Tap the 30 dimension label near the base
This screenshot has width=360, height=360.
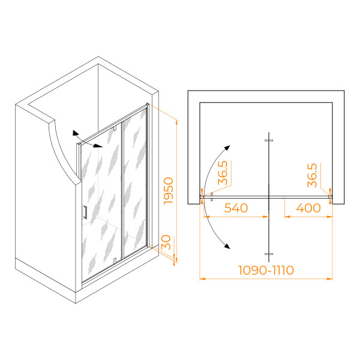point(166,242)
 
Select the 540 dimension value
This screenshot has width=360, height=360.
point(236,208)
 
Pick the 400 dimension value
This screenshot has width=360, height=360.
point(308,208)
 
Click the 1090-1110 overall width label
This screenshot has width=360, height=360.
point(266,270)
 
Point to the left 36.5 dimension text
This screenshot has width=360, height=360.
point(223,173)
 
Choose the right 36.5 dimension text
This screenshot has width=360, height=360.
point(312,175)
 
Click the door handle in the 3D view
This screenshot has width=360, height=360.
point(85,212)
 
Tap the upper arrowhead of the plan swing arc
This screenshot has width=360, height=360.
point(227,148)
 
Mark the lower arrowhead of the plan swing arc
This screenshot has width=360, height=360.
point(227,246)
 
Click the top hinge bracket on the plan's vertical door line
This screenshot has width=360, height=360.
point(269,140)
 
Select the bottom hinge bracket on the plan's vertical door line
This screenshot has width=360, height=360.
point(269,254)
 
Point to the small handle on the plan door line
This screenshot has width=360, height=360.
point(212,197)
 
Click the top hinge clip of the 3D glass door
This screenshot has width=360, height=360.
point(115,128)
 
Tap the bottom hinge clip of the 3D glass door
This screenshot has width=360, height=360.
point(115,260)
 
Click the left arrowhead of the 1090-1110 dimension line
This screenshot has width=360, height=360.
point(202,279)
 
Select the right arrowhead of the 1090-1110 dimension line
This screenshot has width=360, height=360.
point(329,279)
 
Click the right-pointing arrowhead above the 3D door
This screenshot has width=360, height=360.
point(98,146)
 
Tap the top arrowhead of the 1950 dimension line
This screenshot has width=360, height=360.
point(176,122)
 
